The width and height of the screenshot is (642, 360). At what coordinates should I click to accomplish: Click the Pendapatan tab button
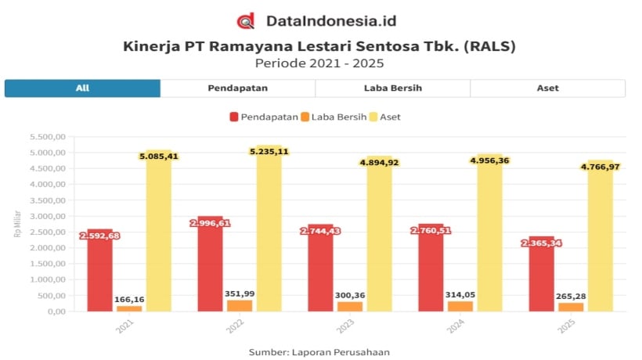pyautogui.click(x=238, y=88)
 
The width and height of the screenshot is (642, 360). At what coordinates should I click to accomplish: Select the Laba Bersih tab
pyautogui.click(x=393, y=88)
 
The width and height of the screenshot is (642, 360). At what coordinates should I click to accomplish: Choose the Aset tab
pyautogui.click(x=547, y=88)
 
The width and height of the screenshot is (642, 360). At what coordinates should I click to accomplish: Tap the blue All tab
pyautogui.click(x=82, y=88)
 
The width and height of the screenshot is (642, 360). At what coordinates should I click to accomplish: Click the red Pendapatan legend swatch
pyautogui.click(x=234, y=117)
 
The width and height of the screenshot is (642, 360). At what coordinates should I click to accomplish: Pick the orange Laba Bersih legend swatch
pyautogui.click(x=305, y=117)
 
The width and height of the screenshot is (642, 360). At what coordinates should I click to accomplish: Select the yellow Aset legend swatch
pyautogui.click(x=373, y=117)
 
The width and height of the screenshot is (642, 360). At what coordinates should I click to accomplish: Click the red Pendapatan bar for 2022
pyautogui.click(x=209, y=266)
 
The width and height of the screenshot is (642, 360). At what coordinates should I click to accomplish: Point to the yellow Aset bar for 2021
pyautogui.click(x=158, y=235)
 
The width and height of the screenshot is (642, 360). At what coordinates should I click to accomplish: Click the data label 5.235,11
pyautogui.click(x=269, y=151)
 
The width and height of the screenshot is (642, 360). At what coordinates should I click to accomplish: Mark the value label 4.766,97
pyautogui.click(x=601, y=166)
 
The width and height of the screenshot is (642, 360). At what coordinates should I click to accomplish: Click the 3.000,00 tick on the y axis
pyautogui.click(x=46, y=216)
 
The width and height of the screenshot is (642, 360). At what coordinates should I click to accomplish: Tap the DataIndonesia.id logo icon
pyautogui.click(x=247, y=21)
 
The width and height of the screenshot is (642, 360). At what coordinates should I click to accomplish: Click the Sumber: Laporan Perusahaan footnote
pyautogui.click(x=319, y=352)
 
